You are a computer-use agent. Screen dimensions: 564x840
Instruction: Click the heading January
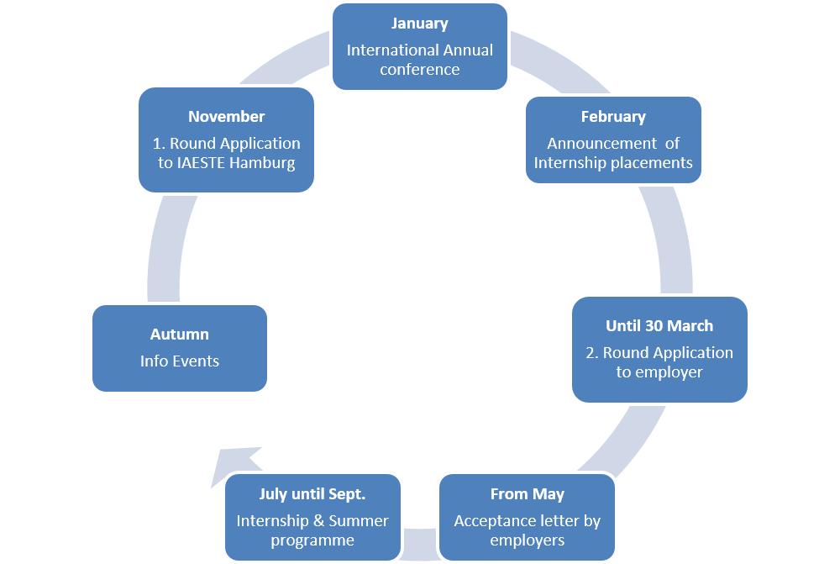419,24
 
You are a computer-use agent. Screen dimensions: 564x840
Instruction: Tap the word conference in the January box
419,69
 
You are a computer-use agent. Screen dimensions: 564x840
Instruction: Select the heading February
613,117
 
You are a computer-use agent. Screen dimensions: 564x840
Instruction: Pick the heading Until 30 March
659,325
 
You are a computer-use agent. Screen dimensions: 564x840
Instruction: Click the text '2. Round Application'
659,352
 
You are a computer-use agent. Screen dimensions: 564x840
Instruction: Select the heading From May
528,494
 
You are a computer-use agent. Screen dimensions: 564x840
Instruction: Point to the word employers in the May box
528,540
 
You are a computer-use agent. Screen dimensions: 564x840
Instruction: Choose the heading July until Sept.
312,494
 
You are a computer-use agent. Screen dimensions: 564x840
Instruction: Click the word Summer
361,521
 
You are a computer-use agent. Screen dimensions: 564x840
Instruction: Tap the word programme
312,540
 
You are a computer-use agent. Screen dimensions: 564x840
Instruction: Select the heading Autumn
180,335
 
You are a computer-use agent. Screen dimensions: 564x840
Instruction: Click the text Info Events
180,361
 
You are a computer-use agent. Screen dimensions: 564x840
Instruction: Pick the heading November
226,117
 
